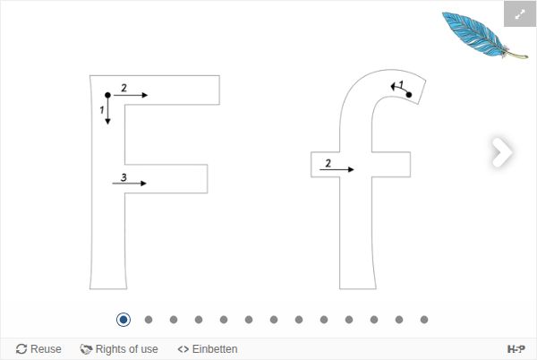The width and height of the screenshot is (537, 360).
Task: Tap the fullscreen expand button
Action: (x=520, y=13)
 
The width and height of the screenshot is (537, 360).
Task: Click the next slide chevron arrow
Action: (x=502, y=152)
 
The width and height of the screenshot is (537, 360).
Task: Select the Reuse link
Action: (x=38, y=349)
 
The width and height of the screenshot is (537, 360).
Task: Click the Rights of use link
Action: (x=119, y=349)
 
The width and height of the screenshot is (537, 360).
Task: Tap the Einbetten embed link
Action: (x=208, y=349)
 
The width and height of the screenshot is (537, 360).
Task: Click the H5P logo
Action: (x=516, y=349)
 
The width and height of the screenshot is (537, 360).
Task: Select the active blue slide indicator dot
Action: (x=124, y=320)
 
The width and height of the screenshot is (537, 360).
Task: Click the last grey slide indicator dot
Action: (x=424, y=320)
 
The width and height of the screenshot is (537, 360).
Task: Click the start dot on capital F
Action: (x=107, y=95)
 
